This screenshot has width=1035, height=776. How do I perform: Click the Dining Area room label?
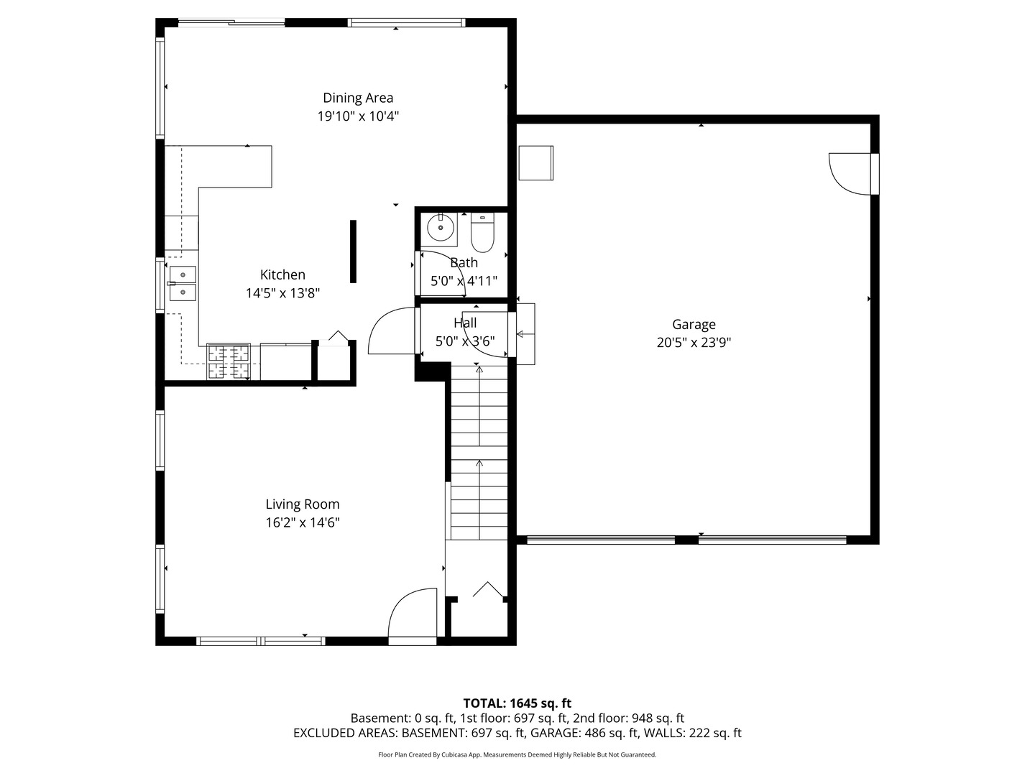tap(357, 98)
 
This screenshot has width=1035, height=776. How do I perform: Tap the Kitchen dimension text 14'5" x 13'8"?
tap(282, 293)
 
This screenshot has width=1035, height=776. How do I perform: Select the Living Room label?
tap(302, 504)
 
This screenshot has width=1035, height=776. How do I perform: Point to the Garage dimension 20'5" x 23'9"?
tap(694, 343)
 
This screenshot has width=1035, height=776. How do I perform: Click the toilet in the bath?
tap(482, 234)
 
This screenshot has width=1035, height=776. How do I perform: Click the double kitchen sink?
tap(183, 283)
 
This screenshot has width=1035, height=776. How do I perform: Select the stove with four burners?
tap(229, 361)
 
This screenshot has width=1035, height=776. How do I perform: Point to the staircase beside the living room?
tap(479, 453)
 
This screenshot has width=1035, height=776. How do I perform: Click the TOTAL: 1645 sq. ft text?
tap(517, 703)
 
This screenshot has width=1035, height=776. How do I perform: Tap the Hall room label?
tap(465, 323)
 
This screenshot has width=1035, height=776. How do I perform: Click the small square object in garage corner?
tap(535, 163)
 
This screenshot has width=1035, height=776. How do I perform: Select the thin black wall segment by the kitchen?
tap(353, 251)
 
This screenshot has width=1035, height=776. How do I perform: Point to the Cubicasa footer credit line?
tap(517, 754)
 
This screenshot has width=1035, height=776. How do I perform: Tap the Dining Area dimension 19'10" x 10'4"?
tap(358, 116)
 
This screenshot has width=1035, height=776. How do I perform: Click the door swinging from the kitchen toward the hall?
tap(391, 333)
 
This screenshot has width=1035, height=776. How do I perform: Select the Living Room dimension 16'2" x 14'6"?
tap(302, 523)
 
